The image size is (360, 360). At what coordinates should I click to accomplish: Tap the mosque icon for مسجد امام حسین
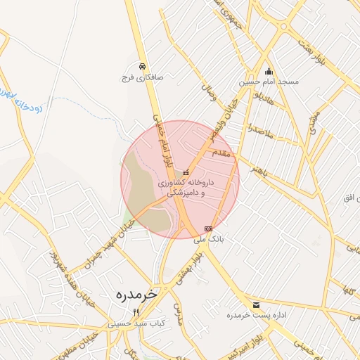pos(268,72)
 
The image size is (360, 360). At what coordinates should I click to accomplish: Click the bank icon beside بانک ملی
pos(207,229)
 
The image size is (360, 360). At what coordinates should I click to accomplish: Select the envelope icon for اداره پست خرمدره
pos(255,305)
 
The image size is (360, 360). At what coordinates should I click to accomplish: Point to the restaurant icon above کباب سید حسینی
pos(136,313)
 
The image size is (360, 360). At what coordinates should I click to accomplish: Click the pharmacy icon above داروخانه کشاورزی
pos(186,172)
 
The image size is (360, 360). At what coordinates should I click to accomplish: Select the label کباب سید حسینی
pos(135,324)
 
